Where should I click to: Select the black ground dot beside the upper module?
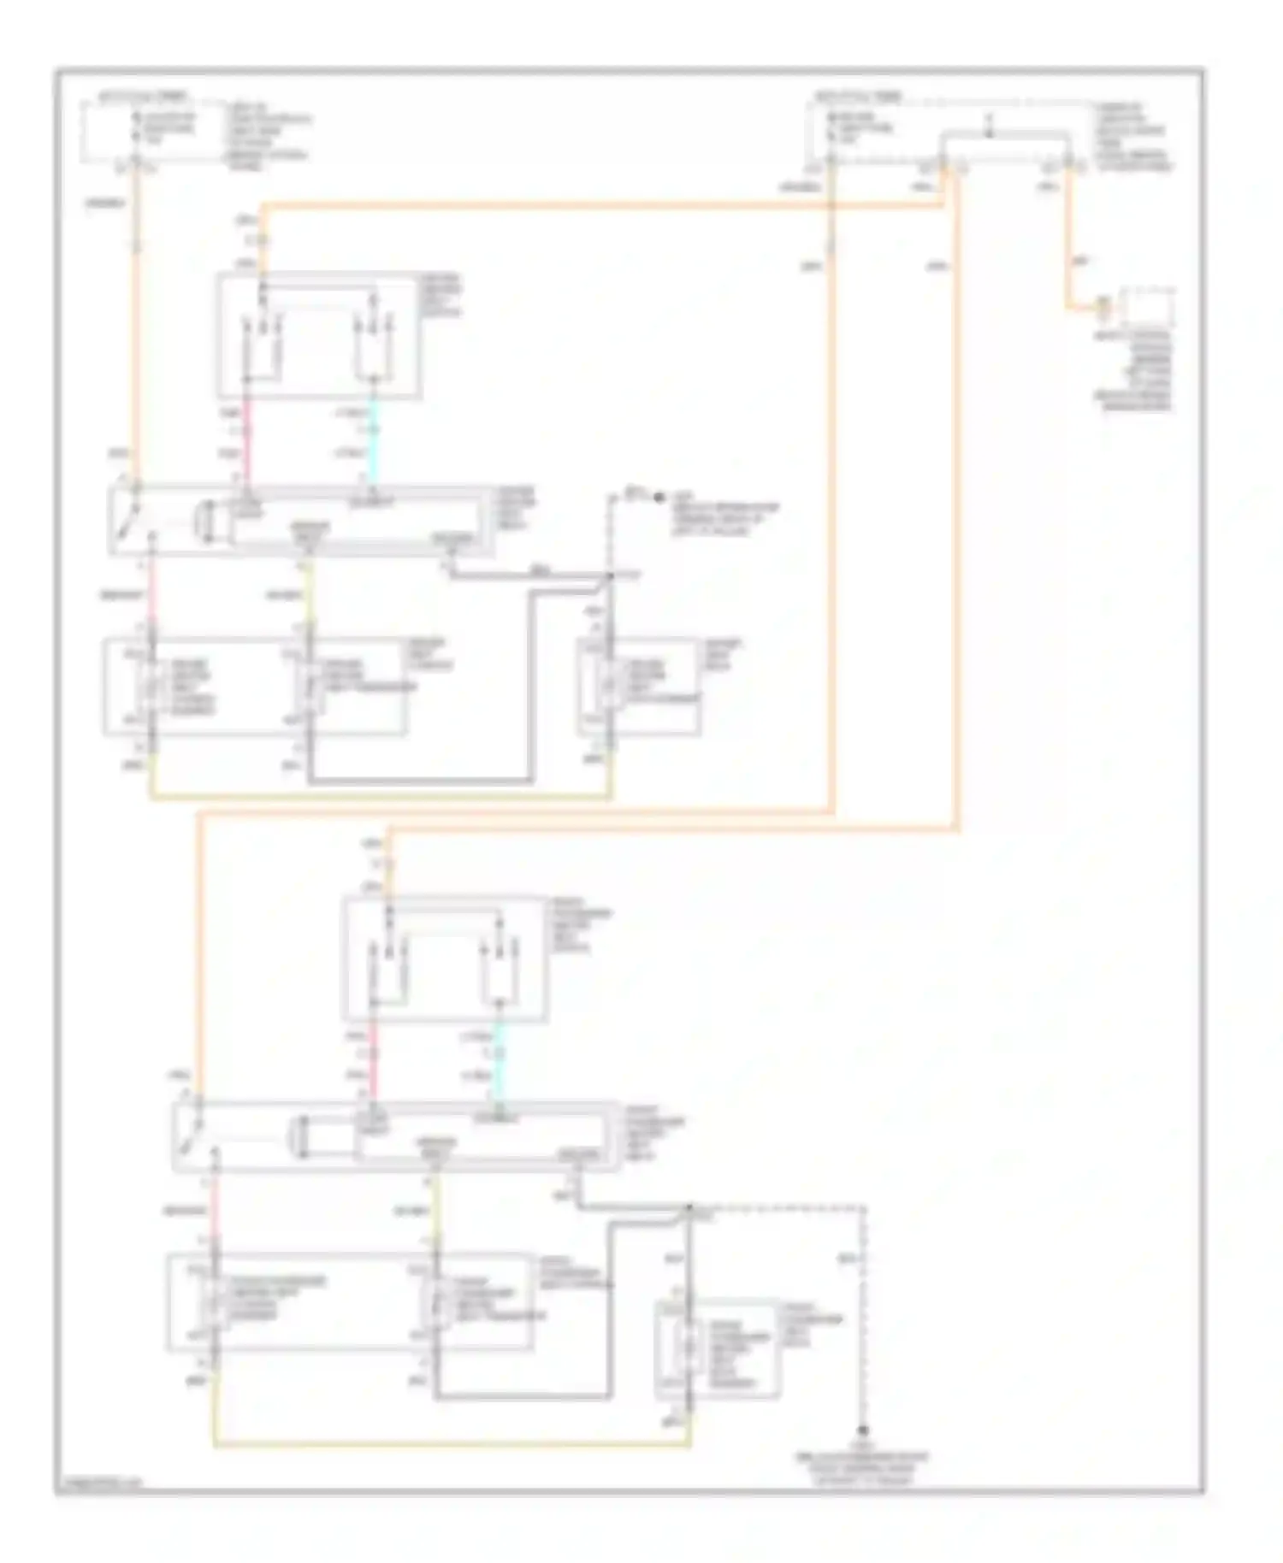tap(659, 497)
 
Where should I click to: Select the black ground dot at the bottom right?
tap(864, 1430)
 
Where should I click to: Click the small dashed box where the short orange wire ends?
tap(1148, 306)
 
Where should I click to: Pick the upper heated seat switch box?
tap(318, 335)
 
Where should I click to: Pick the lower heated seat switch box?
tap(445, 958)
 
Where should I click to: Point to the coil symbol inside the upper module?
tap(205, 522)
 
